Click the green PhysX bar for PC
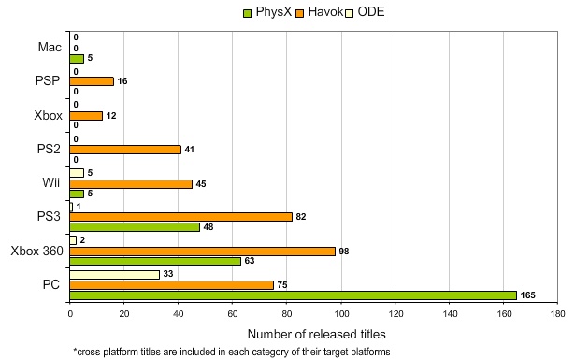[x=293, y=295]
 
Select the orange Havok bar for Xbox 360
[x=202, y=252]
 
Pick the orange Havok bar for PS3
[x=180, y=216]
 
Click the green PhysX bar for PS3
[x=135, y=227]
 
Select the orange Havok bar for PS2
[x=124, y=149]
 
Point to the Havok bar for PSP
[x=91, y=81]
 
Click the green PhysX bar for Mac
[x=76, y=58]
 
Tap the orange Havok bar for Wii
[x=130, y=184]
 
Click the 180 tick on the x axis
[x=558, y=316]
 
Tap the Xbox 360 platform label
[x=36, y=252]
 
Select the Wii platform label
[x=50, y=182]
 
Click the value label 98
[x=344, y=252]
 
